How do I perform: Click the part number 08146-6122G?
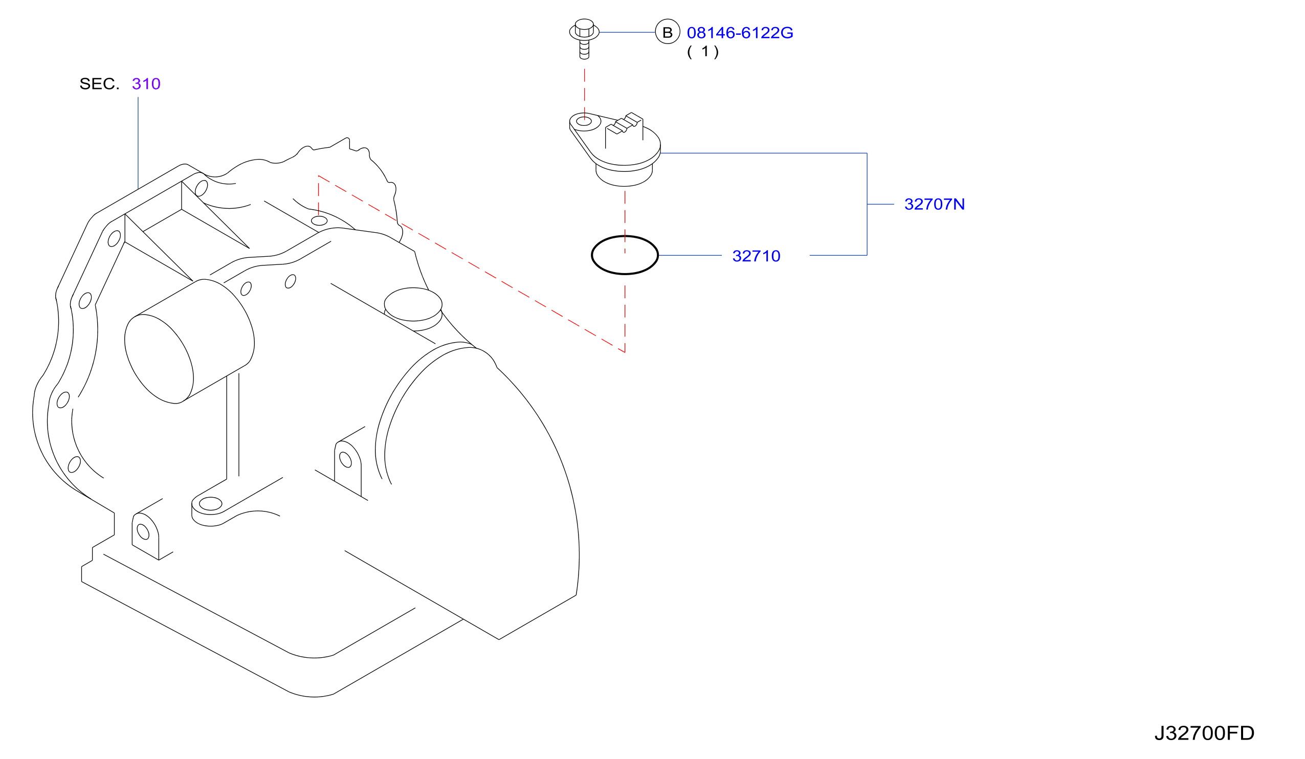[x=740, y=33]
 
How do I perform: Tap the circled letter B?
[x=668, y=32]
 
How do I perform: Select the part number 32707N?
[x=934, y=205]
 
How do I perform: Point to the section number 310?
[x=146, y=84]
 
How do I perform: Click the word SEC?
[x=99, y=84]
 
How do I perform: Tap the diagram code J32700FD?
[x=1205, y=733]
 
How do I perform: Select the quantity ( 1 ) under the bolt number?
[x=703, y=52]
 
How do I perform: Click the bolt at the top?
[x=584, y=39]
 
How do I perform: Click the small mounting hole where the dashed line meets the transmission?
[x=319, y=221]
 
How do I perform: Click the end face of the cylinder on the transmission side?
[x=159, y=359]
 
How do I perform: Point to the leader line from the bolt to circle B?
[x=627, y=32]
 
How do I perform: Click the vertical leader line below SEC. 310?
[x=138, y=143]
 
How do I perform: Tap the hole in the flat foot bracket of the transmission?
[x=210, y=504]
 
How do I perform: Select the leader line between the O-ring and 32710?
[x=690, y=255]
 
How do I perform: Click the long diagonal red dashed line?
[x=471, y=264]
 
